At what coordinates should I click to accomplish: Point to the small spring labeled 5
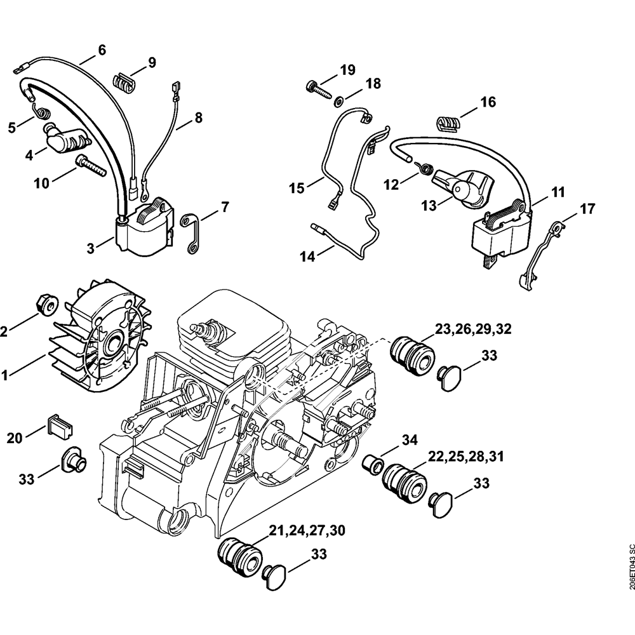[43, 113]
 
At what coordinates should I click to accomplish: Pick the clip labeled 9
[124, 82]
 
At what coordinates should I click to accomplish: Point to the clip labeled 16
[447, 121]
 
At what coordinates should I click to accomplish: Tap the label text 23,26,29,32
[474, 329]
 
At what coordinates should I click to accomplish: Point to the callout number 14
[308, 257]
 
